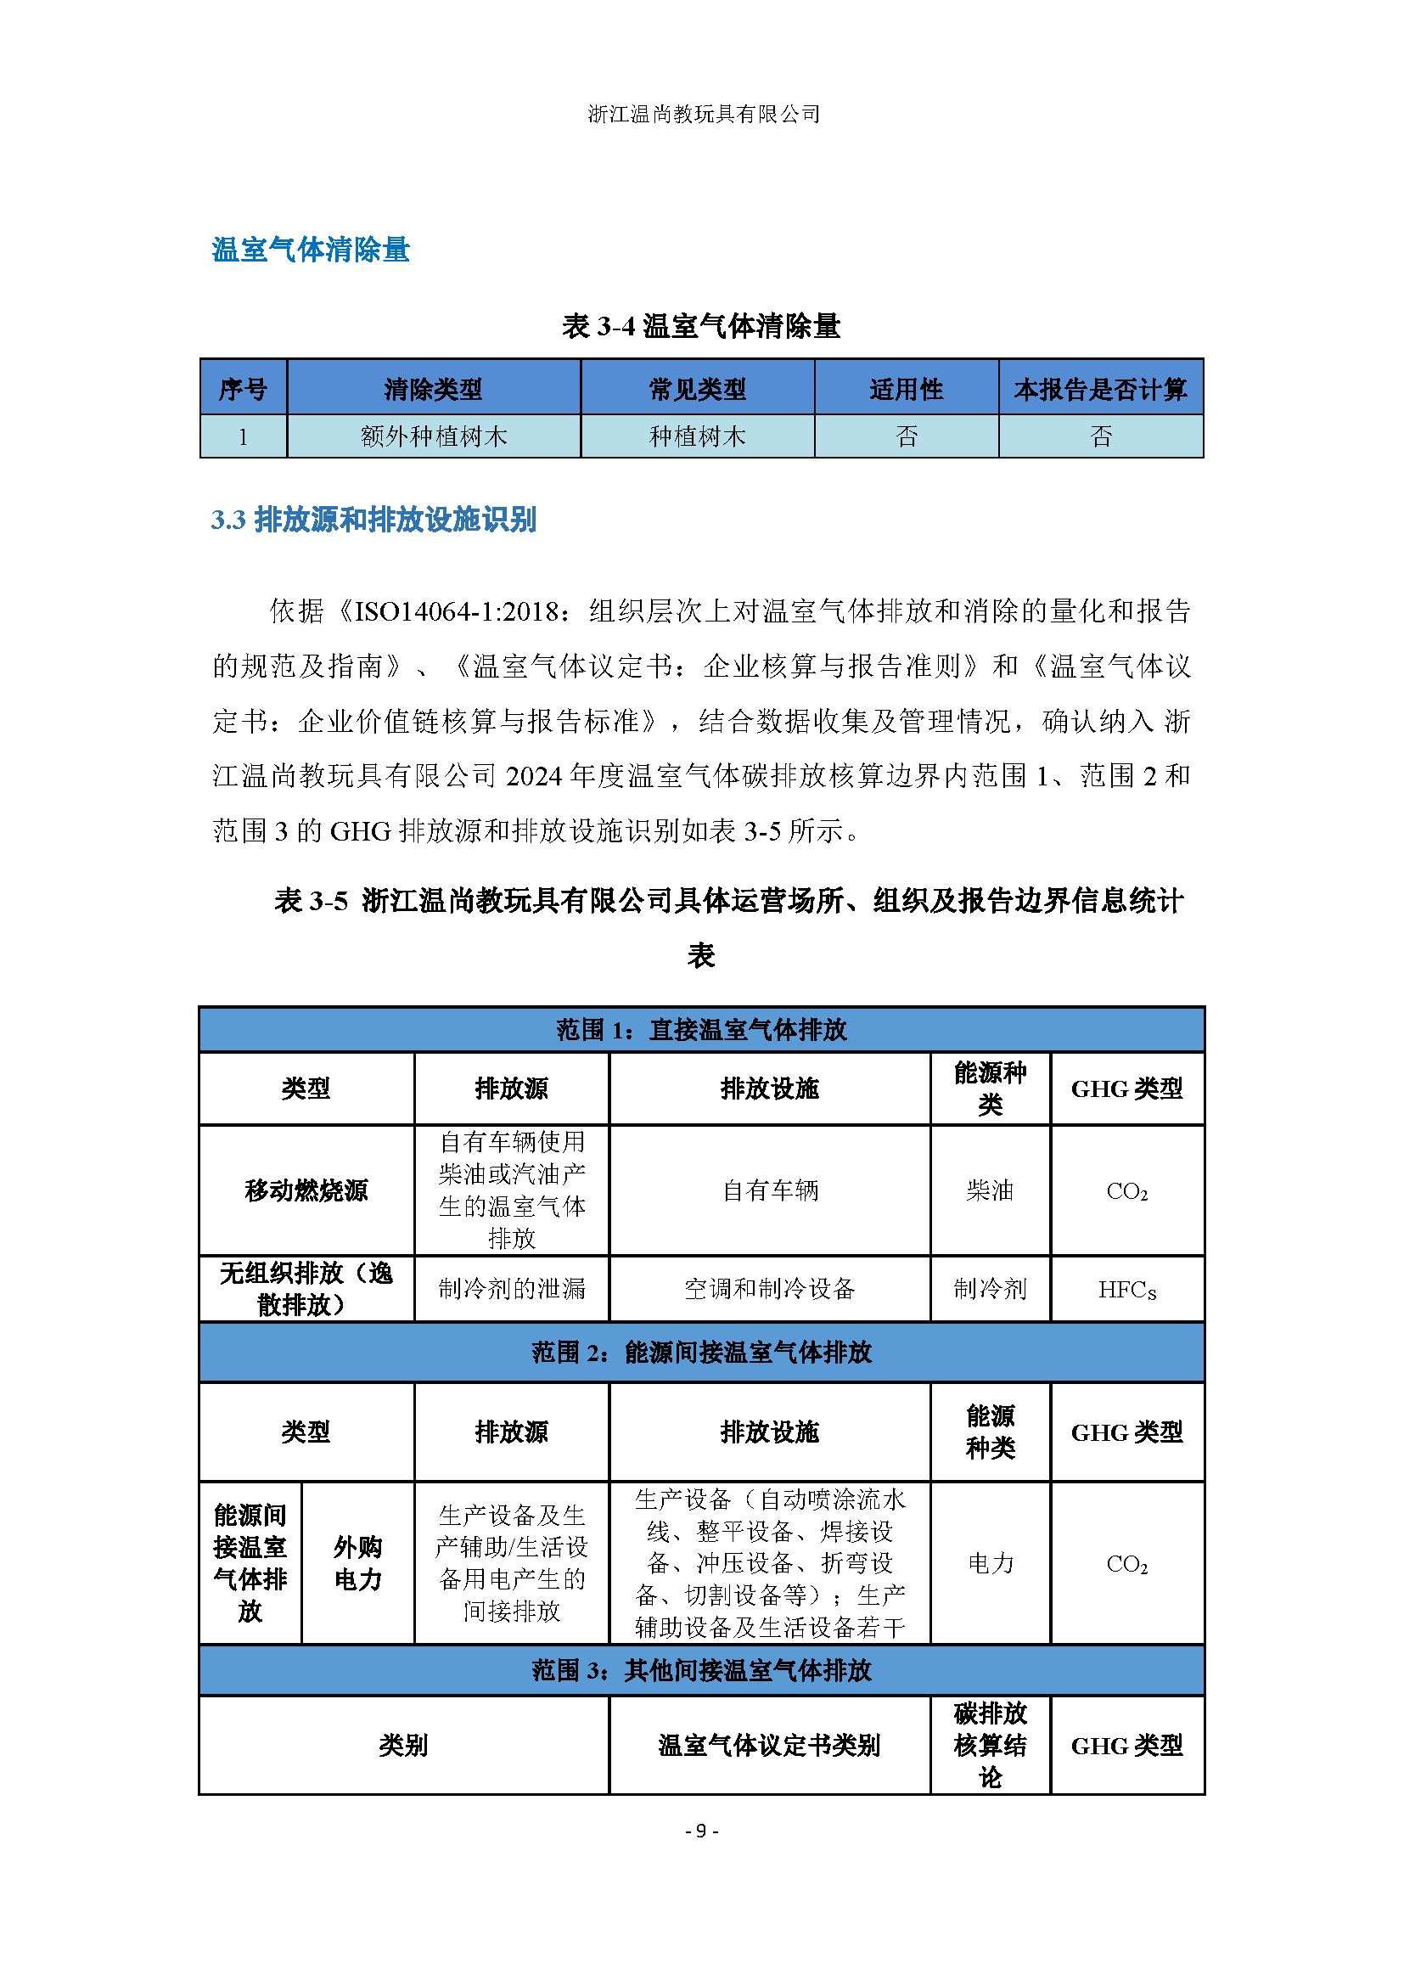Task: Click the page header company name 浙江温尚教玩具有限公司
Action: click(703, 114)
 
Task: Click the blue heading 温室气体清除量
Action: click(311, 250)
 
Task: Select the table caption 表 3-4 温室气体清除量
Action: click(701, 326)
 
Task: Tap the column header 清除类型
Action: click(433, 389)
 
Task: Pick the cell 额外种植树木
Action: click(433, 436)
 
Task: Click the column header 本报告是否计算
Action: click(1101, 389)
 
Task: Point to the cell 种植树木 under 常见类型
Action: click(697, 436)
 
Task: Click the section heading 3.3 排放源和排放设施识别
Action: click(373, 520)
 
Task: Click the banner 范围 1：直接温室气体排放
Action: click(701, 1029)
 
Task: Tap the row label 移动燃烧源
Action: click(306, 1190)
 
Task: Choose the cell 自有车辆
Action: click(769, 1190)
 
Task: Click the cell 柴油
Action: click(990, 1190)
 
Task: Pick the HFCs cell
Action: click(1126, 1290)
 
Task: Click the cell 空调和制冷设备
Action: click(769, 1289)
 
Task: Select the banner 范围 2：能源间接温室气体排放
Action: click(701, 1352)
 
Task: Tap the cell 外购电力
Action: click(358, 1563)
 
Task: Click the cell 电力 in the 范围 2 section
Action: click(990, 1563)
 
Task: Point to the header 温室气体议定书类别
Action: click(769, 1746)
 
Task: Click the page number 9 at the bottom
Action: click(701, 1831)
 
